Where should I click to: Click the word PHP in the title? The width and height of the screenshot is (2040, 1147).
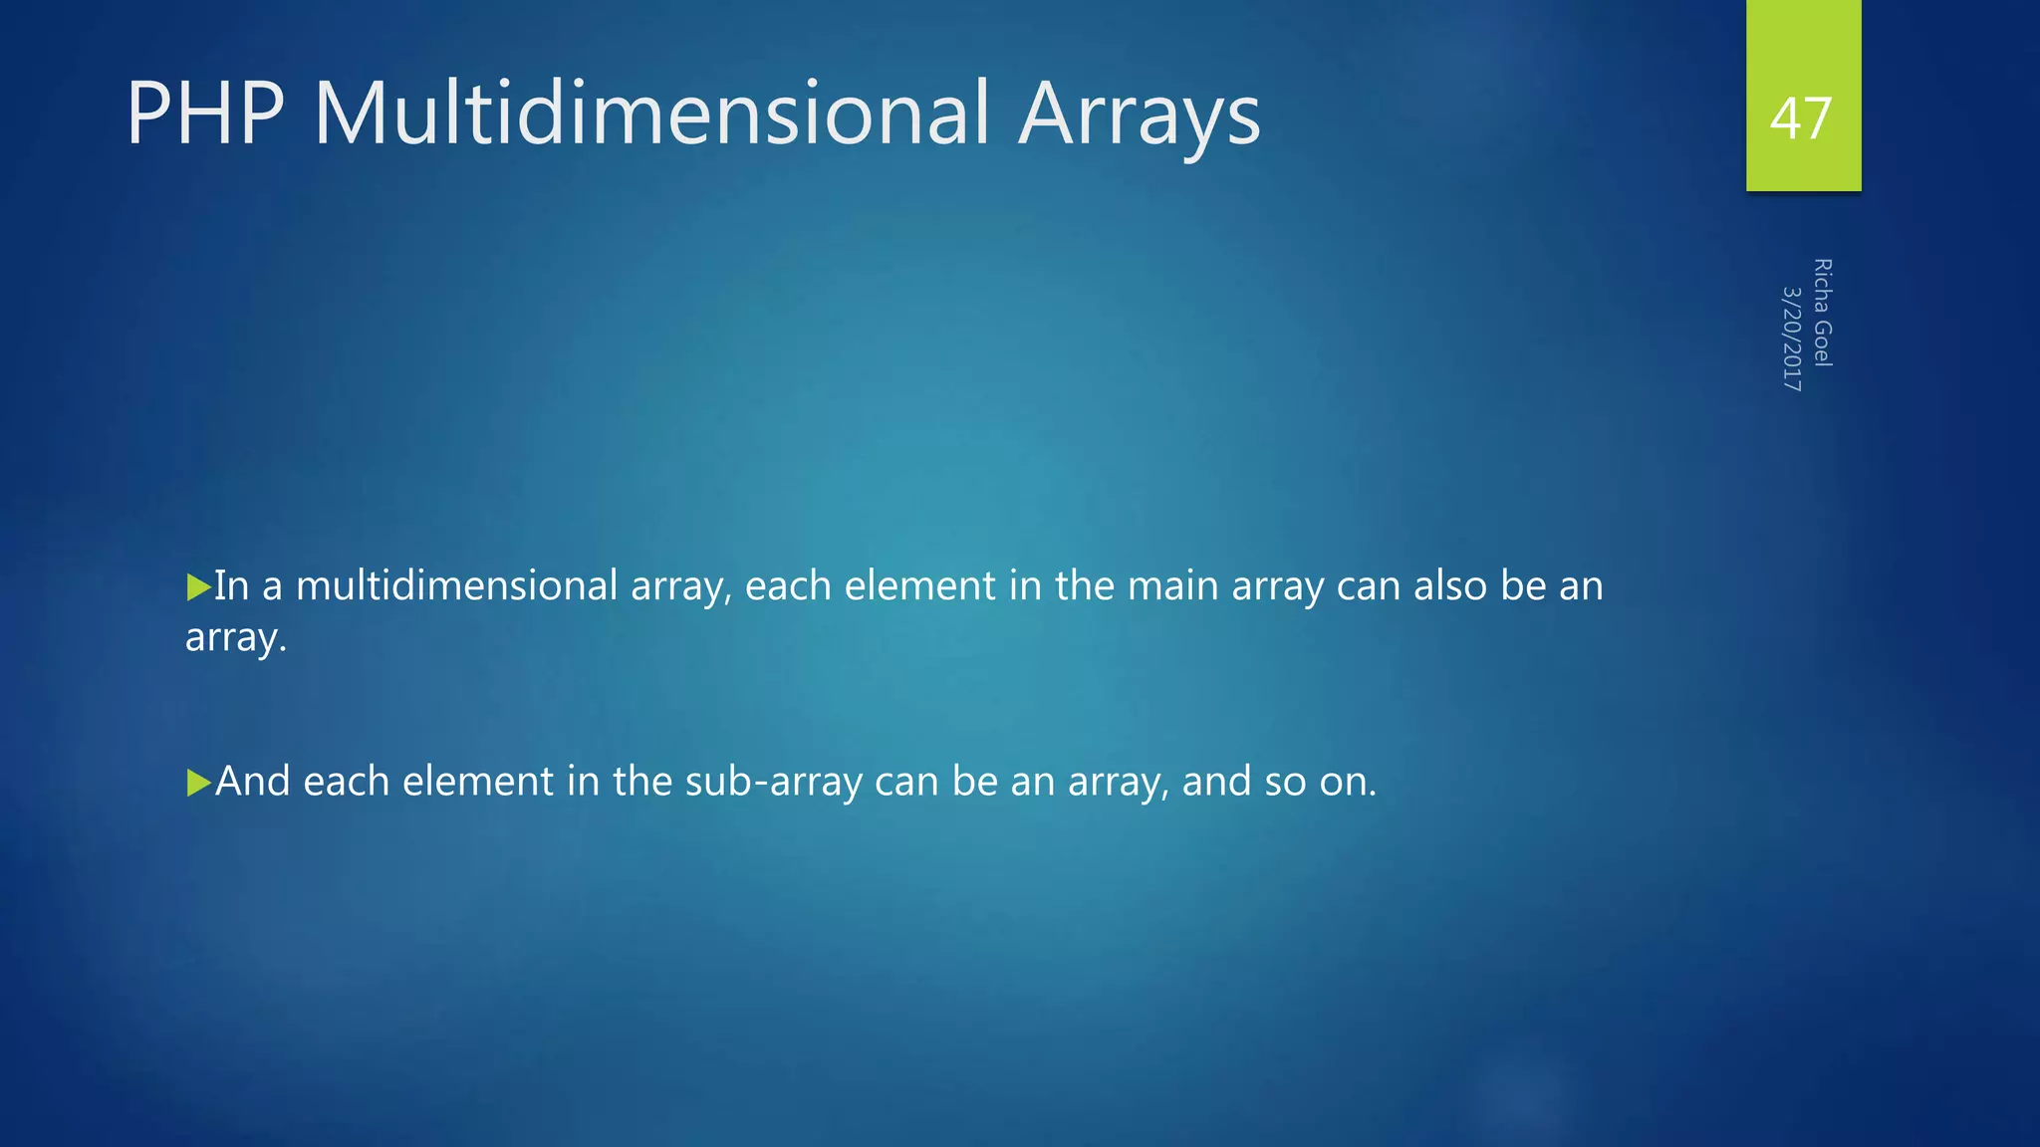205,114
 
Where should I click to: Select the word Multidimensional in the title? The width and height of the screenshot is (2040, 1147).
651,114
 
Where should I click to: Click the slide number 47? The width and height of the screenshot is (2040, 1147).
1801,118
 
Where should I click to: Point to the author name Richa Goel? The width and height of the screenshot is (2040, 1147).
1822,313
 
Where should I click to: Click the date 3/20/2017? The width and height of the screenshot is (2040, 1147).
1792,339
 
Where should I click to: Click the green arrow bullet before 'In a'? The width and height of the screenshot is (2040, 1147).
198,586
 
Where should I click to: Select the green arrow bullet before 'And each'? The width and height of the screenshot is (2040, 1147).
198,783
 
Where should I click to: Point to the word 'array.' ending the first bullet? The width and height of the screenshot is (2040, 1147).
236,638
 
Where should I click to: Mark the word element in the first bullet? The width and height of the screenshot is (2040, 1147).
919,585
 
